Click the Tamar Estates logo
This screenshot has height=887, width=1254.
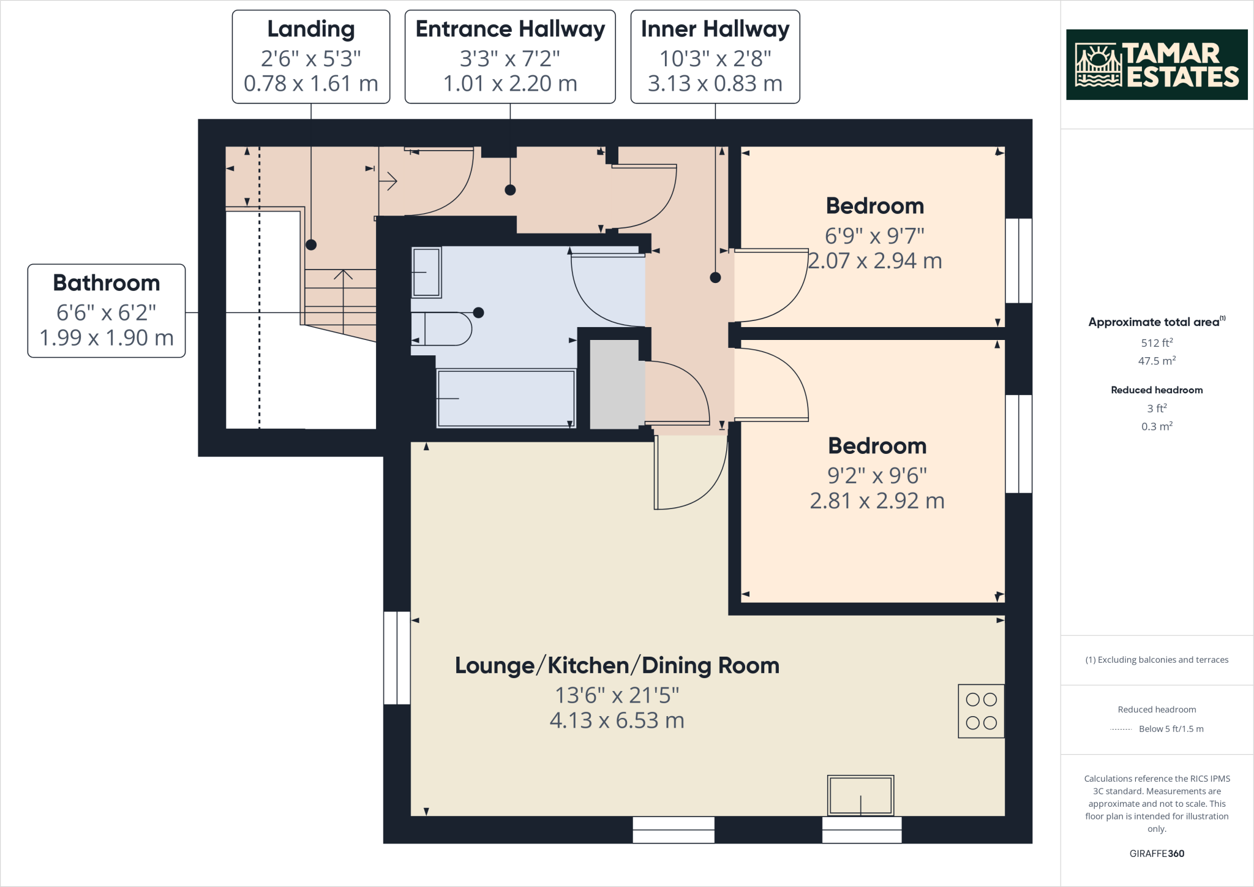pos(1156,65)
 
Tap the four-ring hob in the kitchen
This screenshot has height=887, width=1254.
pos(981,711)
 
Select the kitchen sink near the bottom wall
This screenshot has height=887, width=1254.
pos(860,795)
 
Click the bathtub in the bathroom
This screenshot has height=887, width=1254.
pos(506,398)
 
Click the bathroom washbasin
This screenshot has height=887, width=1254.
pos(426,272)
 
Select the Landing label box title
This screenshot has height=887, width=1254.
pos(311,29)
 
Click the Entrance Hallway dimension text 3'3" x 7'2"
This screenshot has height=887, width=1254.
pos(510,59)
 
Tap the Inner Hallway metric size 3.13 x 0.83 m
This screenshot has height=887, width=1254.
pos(715,83)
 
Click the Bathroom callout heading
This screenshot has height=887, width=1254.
pos(107,283)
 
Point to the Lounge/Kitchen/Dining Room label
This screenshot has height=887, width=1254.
pos(617,665)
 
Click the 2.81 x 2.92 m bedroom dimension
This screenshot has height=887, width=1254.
pos(877,501)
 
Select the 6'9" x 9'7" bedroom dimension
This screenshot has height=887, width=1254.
pos(874,236)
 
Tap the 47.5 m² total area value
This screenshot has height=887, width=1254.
pos(1157,361)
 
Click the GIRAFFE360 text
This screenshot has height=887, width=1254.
pos(1157,853)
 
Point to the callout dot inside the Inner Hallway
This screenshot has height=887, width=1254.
pos(715,277)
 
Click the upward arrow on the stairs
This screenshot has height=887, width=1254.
pos(343,276)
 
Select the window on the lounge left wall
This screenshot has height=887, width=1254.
pos(397,657)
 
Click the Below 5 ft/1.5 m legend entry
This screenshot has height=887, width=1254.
pos(1171,729)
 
